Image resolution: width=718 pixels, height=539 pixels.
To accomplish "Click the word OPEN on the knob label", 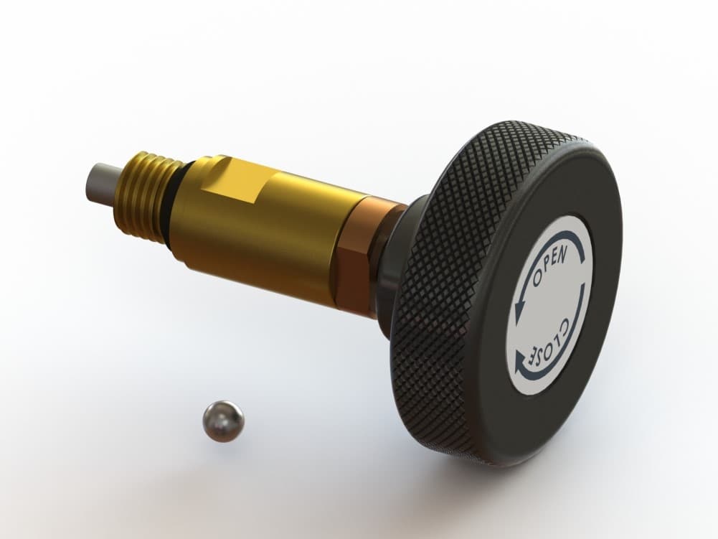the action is (x=550, y=265).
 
